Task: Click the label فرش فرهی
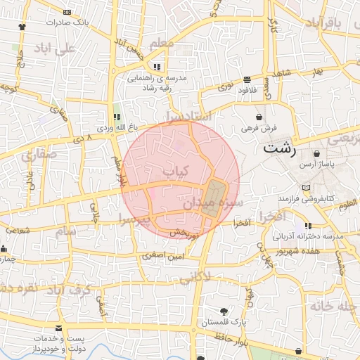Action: [x=260, y=128]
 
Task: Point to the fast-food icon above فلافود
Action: [x=247, y=79]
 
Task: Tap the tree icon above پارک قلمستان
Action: [x=224, y=311]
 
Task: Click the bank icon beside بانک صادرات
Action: [x=67, y=13]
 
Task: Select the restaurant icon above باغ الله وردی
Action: [x=117, y=117]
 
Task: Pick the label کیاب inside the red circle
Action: [x=176, y=171]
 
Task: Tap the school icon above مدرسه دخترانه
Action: [x=308, y=226]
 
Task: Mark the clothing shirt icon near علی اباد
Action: [x=22, y=26]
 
